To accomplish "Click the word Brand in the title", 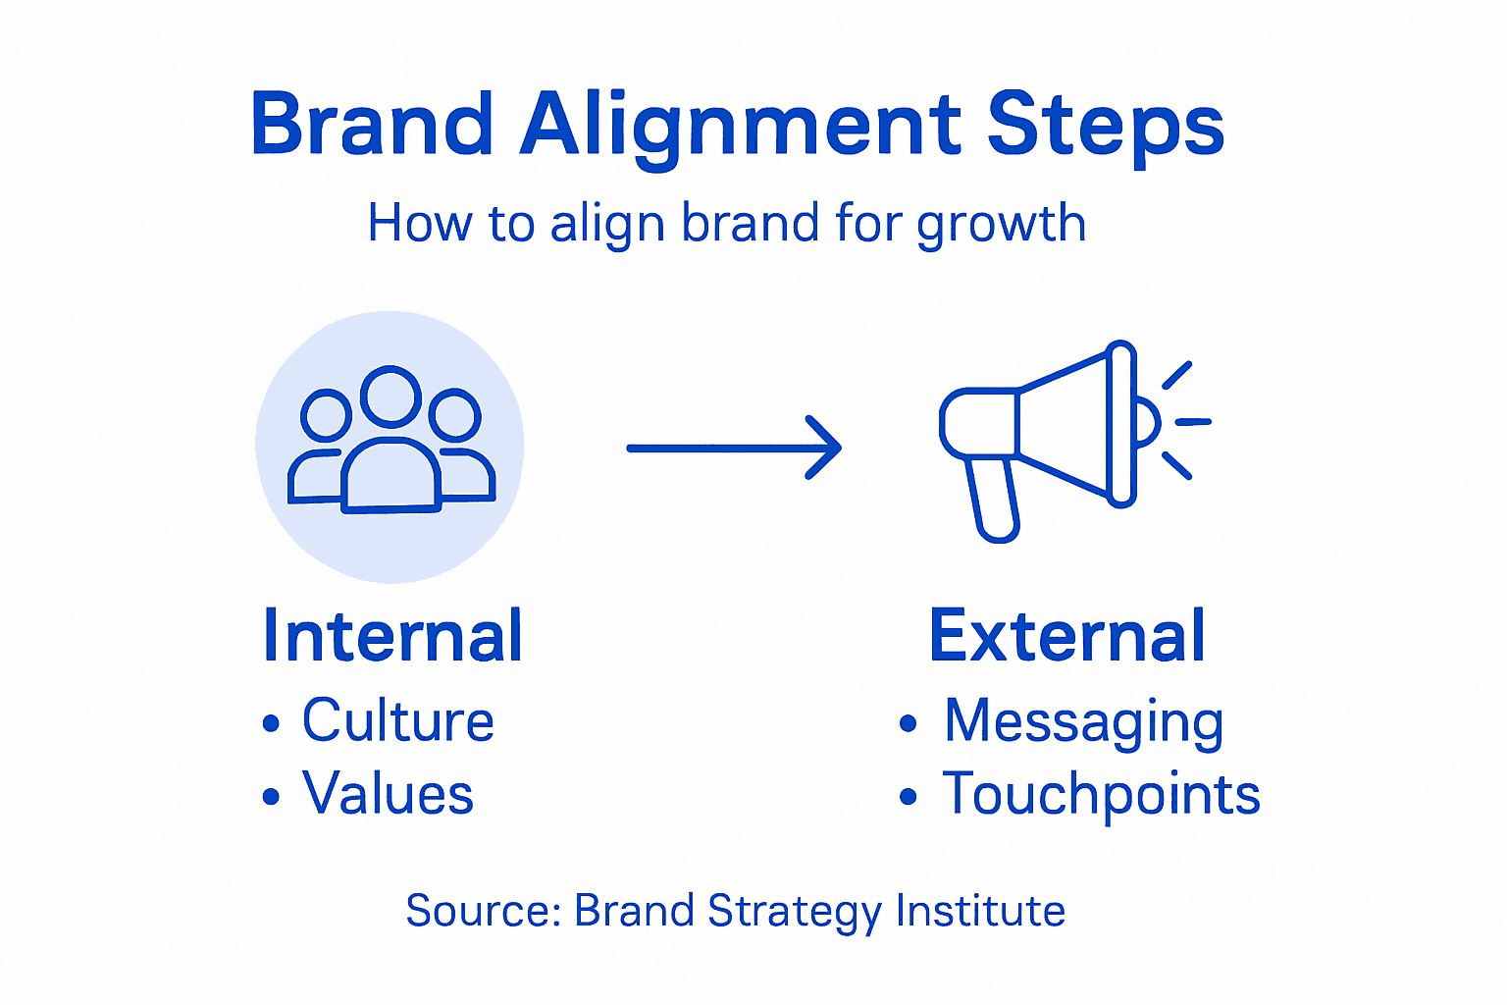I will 371,124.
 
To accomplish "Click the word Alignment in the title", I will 742,126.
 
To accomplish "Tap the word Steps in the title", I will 1105,126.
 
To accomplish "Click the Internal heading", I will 392,636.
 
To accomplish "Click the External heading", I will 1066,636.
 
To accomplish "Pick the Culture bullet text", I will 397,720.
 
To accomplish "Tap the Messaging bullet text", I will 1083,722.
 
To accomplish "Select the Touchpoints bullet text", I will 1101,795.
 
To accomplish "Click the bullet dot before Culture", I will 272,724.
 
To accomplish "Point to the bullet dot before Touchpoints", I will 908,797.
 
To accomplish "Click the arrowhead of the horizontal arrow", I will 829,448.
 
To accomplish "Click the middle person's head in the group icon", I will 390,396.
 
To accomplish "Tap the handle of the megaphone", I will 994,501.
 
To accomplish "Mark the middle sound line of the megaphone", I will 1192,422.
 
